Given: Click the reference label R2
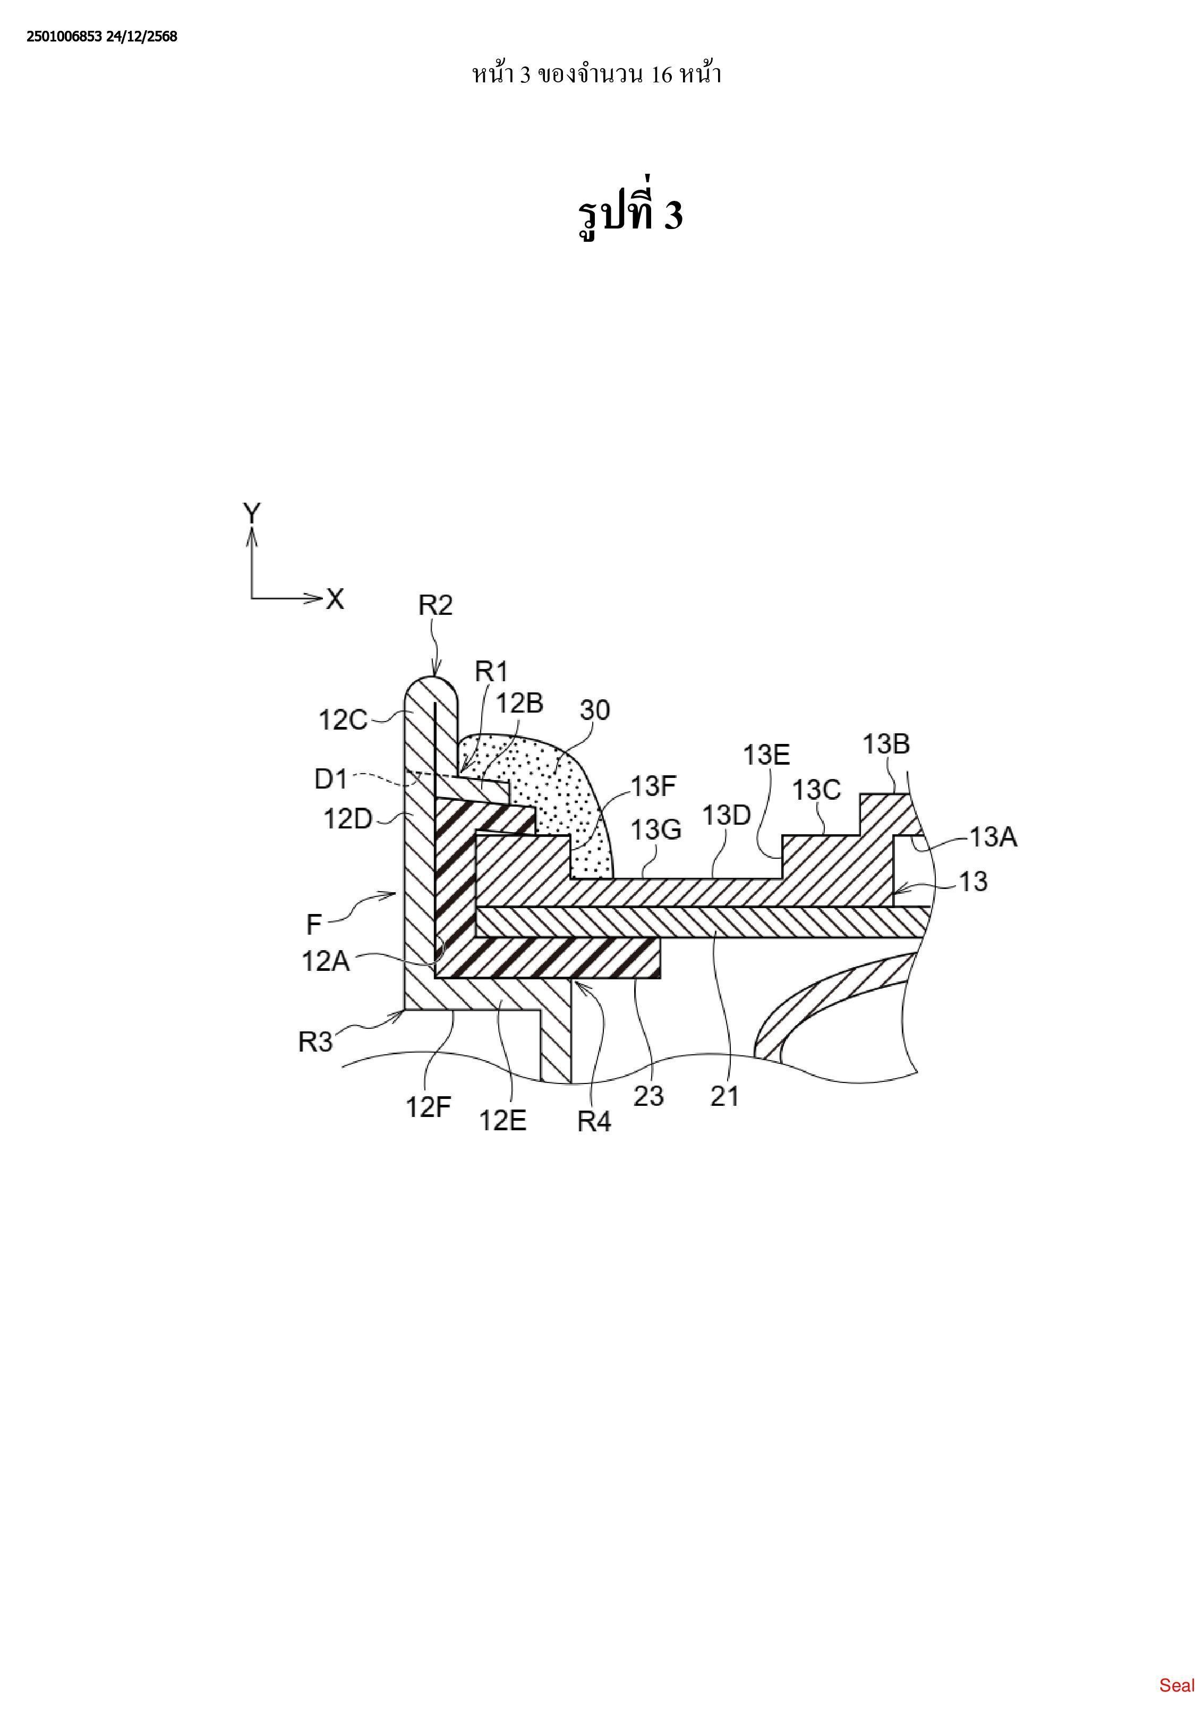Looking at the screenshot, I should click(x=435, y=605).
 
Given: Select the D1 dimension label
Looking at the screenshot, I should click(x=331, y=779).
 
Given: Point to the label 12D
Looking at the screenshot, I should click(x=347, y=819).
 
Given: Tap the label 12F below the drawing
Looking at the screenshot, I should click(x=428, y=1107).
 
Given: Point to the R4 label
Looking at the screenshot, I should click(x=594, y=1122).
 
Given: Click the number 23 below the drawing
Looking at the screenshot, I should click(x=648, y=1096).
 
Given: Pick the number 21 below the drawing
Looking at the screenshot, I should click(x=724, y=1096).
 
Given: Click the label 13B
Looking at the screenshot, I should click(x=886, y=744).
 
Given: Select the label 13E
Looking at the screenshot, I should click(x=766, y=755).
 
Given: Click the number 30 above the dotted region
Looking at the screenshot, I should click(x=595, y=710).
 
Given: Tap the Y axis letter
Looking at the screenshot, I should click(x=252, y=514).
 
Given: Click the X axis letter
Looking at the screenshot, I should click(x=335, y=599).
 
